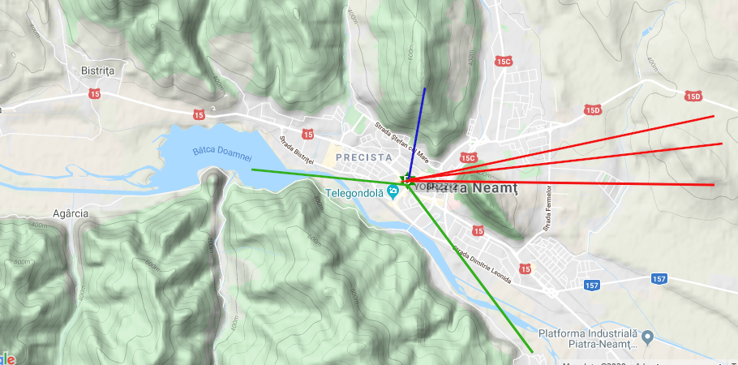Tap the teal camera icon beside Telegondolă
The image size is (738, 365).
click(393, 191)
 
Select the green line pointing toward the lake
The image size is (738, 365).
click(324, 175)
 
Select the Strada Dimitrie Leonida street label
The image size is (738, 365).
click(483, 264)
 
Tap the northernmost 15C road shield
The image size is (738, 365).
click(504, 61)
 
